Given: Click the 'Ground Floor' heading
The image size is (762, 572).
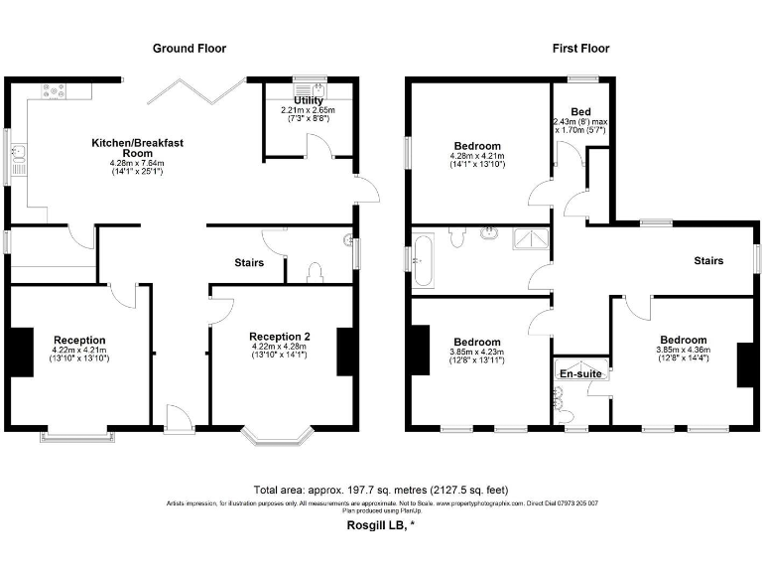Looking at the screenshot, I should (x=189, y=48).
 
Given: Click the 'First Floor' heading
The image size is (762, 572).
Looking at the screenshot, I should (x=580, y=48).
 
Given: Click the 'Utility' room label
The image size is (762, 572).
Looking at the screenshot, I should (x=309, y=100).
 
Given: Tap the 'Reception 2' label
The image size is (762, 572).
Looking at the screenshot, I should (x=280, y=337).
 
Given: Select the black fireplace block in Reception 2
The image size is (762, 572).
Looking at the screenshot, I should (x=345, y=352).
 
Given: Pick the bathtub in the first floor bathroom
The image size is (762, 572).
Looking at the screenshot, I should (x=424, y=254).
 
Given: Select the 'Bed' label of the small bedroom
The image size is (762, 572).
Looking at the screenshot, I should (x=581, y=111).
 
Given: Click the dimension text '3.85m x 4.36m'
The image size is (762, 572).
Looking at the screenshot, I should (x=684, y=350).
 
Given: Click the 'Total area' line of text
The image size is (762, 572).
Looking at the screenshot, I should (x=381, y=490).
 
